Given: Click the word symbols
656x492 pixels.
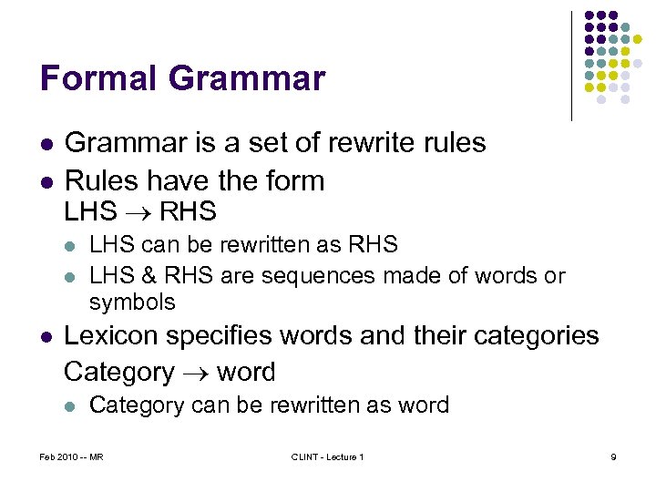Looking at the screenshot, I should [x=132, y=302].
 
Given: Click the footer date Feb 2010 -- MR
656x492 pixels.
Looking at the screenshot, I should [x=72, y=456].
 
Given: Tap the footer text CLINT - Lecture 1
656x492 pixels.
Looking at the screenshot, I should [x=327, y=456].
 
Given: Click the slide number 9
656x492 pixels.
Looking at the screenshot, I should [x=613, y=456].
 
